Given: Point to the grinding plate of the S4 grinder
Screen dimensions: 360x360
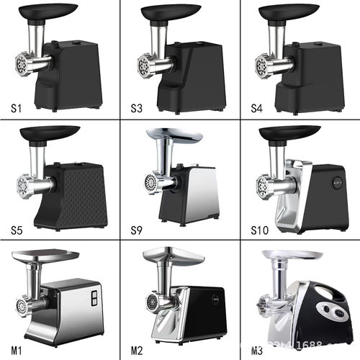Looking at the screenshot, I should pyautogui.click(x=260, y=67).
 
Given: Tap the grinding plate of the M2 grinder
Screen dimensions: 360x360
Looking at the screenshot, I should pyautogui.click(x=151, y=301).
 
